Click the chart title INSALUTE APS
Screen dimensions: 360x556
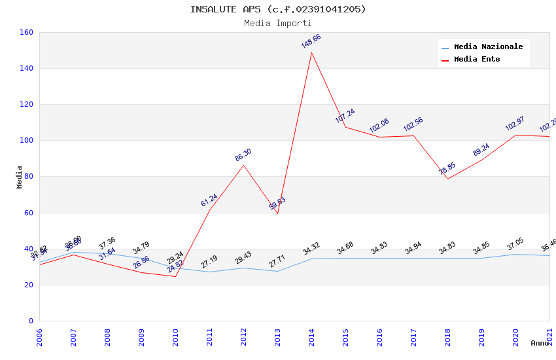tap(278, 9)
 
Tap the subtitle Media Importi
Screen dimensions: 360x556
tap(278, 24)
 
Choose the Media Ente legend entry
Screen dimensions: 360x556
tap(477, 60)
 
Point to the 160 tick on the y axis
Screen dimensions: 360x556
tap(26, 32)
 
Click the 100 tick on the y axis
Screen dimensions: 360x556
tap(26, 141)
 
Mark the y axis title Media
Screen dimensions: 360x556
tap(20, 177)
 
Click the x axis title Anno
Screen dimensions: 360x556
tap(540, 343)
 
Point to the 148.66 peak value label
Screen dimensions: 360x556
tap(311, 41)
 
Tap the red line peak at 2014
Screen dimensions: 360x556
tap(311, 52)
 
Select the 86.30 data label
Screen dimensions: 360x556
tap(243, 155)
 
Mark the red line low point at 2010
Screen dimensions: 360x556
tap(175, 276)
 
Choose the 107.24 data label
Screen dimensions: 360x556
tap(345, 116)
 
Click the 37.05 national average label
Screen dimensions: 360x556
tap(515, 244)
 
